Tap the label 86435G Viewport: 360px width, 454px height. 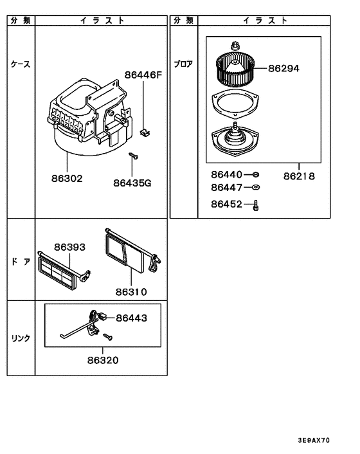132,182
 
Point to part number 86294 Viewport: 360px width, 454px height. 284,68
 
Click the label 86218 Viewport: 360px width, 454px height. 299,175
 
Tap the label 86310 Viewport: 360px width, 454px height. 132,291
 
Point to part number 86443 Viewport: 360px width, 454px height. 131,318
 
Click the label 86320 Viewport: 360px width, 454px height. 103,361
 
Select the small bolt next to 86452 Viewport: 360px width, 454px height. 256,205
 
